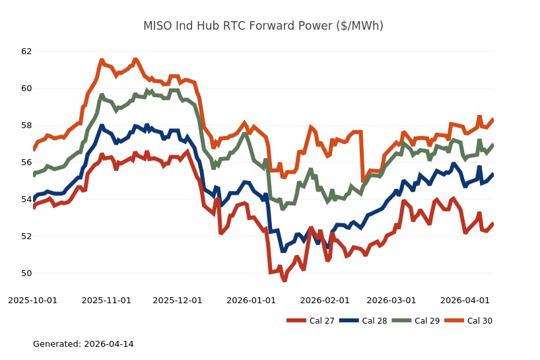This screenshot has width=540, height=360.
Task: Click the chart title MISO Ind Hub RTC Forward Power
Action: [x=263, y=26]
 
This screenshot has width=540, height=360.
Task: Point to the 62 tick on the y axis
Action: [x=26, y=52]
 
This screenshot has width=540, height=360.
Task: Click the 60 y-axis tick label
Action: [x=26, y=89]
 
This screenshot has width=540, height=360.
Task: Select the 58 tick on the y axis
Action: [x=26, y=126]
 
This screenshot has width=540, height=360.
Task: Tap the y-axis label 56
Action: [x=26, y=162]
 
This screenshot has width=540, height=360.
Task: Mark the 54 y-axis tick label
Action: [x=26, y=199]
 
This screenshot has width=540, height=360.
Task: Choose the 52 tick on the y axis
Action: [x=26, y=236]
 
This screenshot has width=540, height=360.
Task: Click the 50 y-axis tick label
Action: [x=26, y=273]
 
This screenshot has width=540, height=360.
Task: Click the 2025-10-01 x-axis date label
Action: [x=33, y=301]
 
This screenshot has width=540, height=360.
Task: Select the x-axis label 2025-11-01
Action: [x=106, y=301]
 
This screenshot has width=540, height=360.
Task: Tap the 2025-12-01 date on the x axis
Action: [x=178, y=301]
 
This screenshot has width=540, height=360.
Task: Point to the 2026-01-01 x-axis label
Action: [x=251, y=301]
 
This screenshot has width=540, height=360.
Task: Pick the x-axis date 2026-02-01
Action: [x=324, y=301]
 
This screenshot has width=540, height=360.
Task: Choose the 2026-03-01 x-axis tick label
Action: [x=391, y=301]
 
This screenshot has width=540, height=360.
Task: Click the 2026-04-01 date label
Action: [x=465, y=301]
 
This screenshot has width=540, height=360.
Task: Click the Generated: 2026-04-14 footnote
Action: [x=83, y=344]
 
